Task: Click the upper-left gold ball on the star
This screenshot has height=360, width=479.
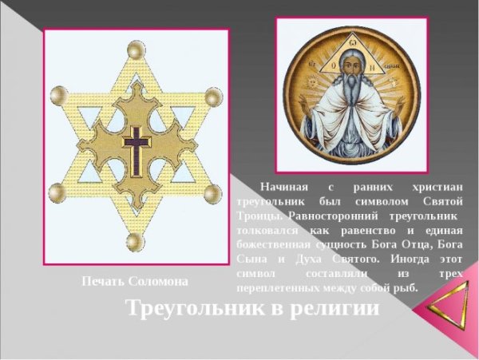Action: click(x=57, y=95)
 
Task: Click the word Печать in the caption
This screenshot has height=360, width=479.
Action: click(x=103, y=281)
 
